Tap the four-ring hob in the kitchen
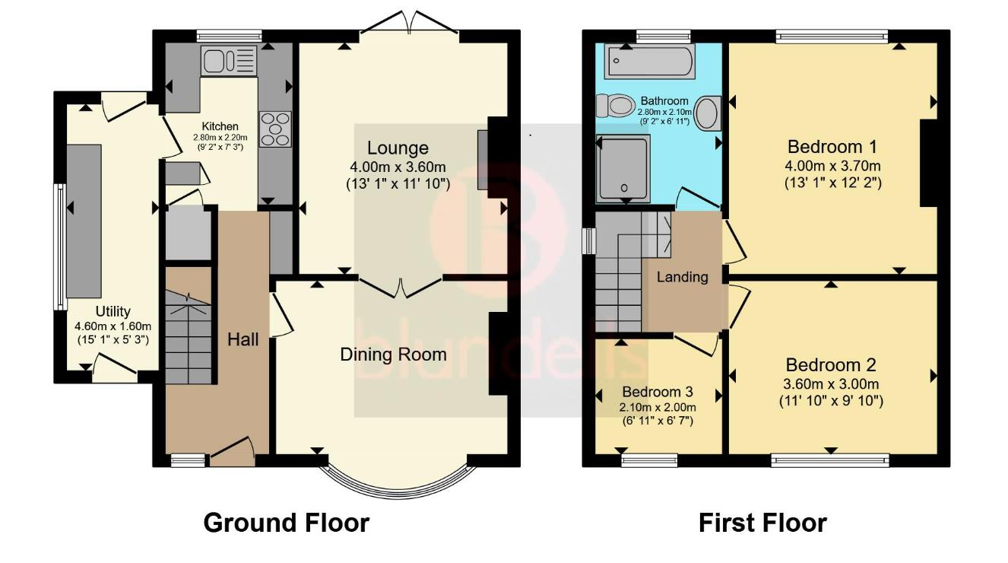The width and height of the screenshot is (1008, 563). [x=274, y=129]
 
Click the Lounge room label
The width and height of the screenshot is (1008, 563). [x=398, y=148]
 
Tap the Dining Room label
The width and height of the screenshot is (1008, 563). [x=393, y=355]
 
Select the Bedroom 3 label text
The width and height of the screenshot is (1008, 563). [x=658, y=392]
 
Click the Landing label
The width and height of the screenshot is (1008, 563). [x=682, y=277]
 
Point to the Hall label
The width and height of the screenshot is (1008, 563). [x=243, y=339]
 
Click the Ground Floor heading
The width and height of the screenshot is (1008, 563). [x=287, y=523]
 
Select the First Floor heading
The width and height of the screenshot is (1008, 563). [x=762, y=523]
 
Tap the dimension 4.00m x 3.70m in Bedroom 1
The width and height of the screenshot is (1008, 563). [x=832, y=165]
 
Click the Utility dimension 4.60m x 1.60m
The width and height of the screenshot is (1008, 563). [x=113, y=326]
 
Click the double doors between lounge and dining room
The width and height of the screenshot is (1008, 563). [x=400, y=288]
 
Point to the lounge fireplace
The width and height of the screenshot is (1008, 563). [x=483, y=160]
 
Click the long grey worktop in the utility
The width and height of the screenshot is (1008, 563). [x=84, y=221]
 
